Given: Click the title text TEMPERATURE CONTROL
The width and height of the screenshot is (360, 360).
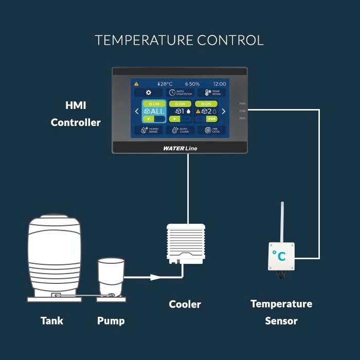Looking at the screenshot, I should point(179,40).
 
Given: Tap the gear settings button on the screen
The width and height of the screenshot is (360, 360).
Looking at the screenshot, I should point(149,93).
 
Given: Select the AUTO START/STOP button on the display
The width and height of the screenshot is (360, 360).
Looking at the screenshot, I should point(180,93).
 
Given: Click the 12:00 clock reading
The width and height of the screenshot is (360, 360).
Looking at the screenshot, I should point(219,83).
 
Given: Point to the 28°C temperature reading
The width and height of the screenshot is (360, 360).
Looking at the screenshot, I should point(165,83).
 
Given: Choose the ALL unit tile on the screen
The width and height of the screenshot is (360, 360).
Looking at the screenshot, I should point(154,111).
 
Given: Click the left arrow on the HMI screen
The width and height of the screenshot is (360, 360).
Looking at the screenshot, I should point(137,111).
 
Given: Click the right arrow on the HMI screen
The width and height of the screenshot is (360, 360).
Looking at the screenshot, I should point(223,111).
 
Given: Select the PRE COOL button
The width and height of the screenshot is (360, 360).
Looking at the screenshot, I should point(212,131).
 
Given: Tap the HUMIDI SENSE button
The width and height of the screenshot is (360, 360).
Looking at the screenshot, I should point(149,131).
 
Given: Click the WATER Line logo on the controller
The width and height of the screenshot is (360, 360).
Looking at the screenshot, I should point(180,148).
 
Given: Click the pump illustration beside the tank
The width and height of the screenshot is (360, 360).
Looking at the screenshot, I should point(111,278).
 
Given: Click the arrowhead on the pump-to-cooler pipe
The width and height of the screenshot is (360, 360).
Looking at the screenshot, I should point(154,277).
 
